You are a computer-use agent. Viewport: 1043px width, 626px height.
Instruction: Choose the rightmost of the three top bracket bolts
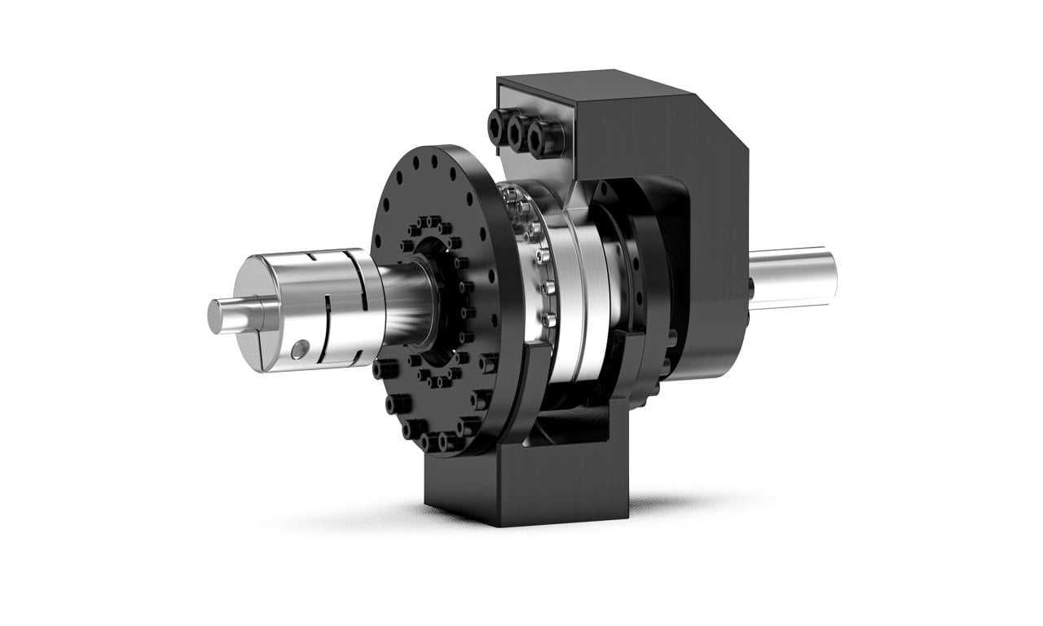(x=537, y=139)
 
